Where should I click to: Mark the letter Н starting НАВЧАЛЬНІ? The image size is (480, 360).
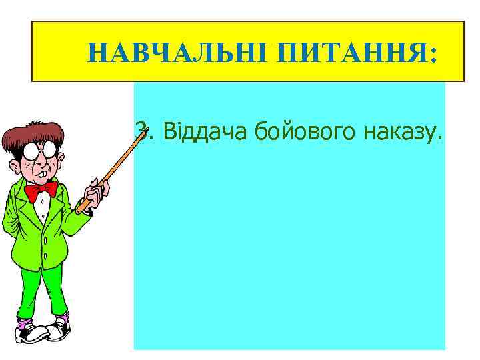tap(97, 52)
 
